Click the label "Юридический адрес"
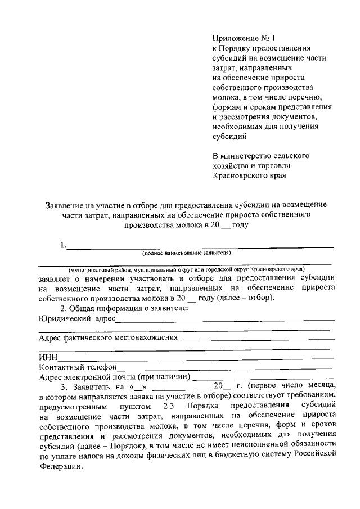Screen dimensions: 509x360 pos(76,319)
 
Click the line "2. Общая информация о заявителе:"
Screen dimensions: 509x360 pos(124,308)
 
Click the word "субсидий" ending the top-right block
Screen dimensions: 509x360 pos(229,136)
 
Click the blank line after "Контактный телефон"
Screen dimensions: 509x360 pos(225,367)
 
